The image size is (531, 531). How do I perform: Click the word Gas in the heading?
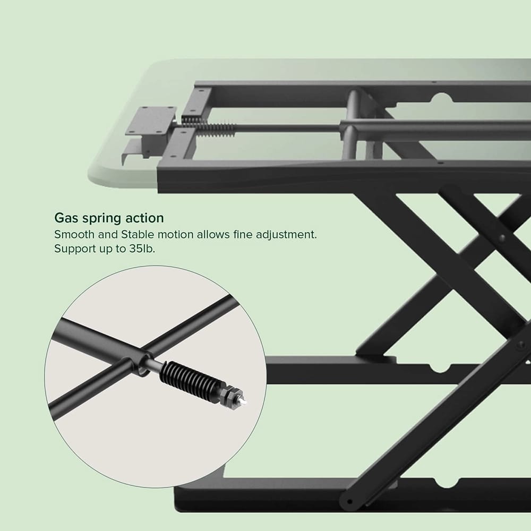66,218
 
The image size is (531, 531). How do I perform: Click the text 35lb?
141,249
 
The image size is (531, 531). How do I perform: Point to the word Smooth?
73,234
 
